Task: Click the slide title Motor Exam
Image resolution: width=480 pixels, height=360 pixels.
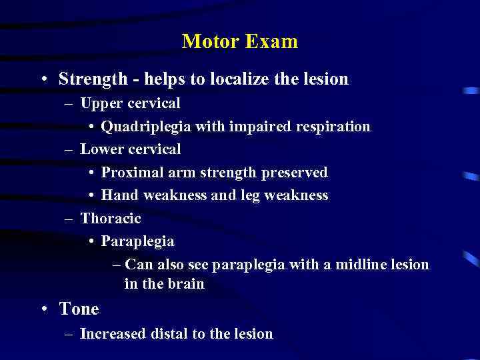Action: point(239,42)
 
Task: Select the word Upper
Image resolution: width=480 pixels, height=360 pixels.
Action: point(100,103)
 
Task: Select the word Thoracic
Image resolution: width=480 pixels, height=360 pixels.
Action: point(111,218)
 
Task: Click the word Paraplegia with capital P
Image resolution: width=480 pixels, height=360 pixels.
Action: point(137,241)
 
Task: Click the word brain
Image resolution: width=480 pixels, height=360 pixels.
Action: point(187,284)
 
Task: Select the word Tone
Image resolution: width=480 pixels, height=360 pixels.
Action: point(79,309)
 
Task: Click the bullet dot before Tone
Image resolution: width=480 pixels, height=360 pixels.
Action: point(43,309)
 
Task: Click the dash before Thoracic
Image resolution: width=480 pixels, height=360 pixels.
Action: point(69,219)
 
